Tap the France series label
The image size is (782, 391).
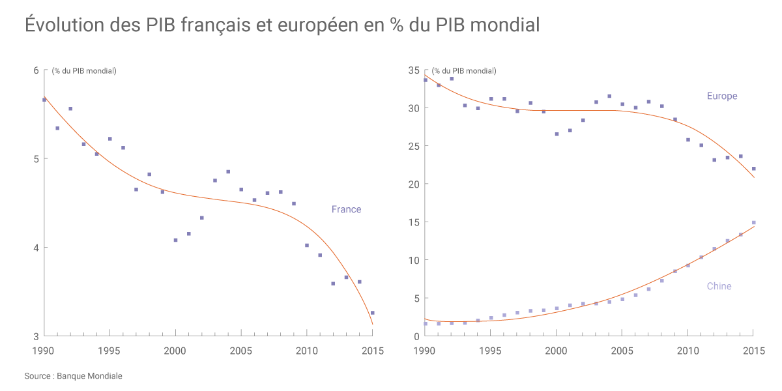tap(346, 209)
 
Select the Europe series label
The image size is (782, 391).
tap(722, 96)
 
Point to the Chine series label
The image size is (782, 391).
tap(719, 286)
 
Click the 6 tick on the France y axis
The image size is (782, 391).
tap(36, 70)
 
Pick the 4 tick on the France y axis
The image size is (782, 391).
tap(36, 248)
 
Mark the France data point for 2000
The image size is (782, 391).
tap(175, 240)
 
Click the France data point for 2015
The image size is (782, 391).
tap(372, 313)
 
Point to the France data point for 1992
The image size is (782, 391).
tap(70, 109)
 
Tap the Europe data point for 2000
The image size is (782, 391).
tap(557, 134)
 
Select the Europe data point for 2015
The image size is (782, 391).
tap(753, 169)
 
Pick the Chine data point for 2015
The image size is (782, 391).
tap(753, 223)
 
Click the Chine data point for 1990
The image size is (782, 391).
tap(426, 324)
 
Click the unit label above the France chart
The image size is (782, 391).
tap(84, 70)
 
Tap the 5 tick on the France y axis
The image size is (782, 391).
tap(36, 159)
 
